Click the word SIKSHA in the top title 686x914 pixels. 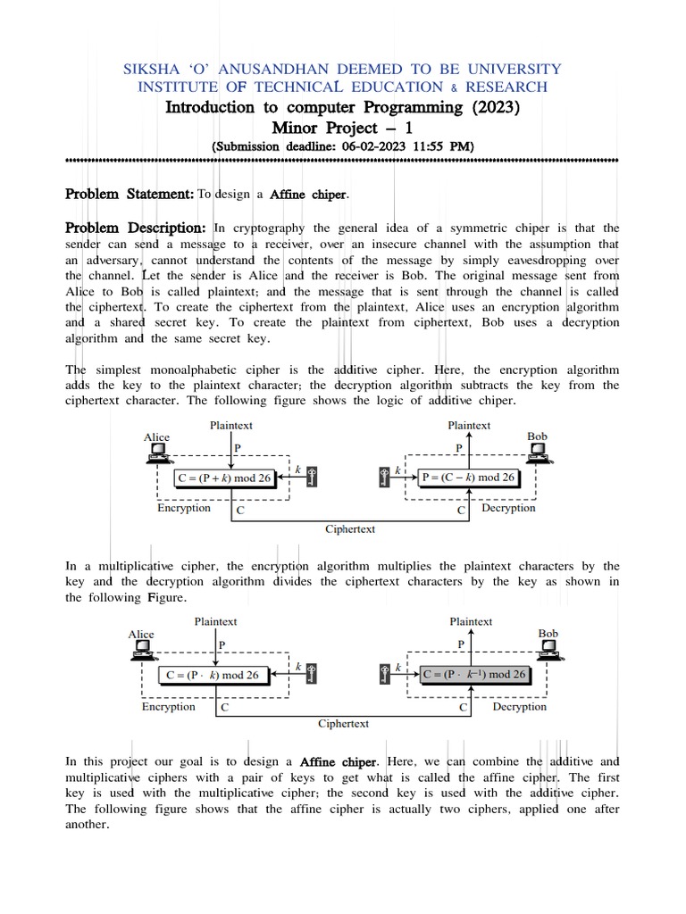(156, 69)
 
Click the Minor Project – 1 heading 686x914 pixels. (342, 128)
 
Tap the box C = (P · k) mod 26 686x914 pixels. (211, 675)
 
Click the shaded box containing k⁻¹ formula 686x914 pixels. (473, 675)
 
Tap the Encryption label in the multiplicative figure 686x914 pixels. (168, 706)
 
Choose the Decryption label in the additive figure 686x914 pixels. (508, 508)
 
